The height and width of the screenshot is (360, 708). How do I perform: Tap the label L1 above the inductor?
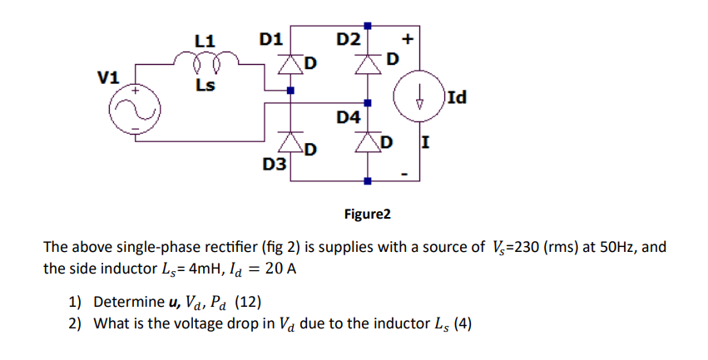[x=205, y=39]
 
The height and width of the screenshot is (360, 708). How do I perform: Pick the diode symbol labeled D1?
[x=290, y=65]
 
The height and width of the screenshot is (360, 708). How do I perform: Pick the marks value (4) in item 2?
[x=461, y=323]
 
